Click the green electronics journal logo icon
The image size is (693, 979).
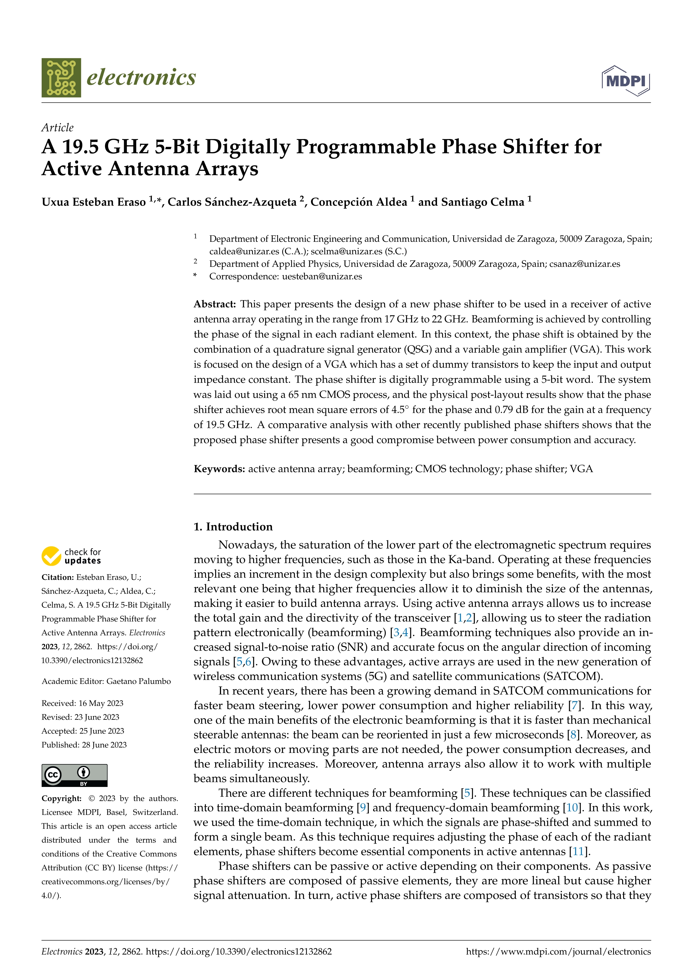tap(61, 78)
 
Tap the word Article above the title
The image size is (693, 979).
tap(58, 128)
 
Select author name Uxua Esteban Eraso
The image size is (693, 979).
tap(94, 202)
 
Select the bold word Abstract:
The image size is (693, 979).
tap(215, 304)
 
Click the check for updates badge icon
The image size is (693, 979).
tap(51, 556)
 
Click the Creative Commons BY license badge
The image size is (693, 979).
tap(74, 775)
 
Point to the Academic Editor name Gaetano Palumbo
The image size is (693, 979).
tap(138, 681)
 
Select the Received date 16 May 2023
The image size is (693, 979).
tap(101, 703)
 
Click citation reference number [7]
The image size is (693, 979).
tap(574, 706)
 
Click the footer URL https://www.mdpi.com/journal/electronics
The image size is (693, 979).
tap(558, 951)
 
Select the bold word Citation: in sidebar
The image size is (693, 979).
tap(58, 577)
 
